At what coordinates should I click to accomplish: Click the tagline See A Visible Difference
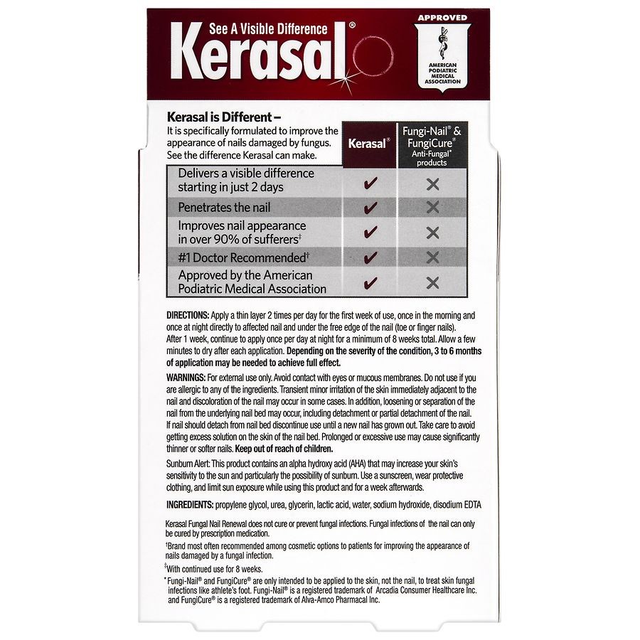point(268,29)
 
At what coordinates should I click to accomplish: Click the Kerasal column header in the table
point(368,143)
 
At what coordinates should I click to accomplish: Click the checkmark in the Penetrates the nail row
point(370,208)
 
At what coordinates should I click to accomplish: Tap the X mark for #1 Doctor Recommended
point(432,257)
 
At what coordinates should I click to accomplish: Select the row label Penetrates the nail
point(224,208)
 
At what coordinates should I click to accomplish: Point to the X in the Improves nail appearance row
point(432,233)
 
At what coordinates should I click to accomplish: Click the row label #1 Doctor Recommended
point(243,257)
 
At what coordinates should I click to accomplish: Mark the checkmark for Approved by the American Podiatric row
point(370,282)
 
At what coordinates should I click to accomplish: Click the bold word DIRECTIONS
point(187,315)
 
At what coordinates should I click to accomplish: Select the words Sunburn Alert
point(191,463)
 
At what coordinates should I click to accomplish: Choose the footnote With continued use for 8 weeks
point(215,569)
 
